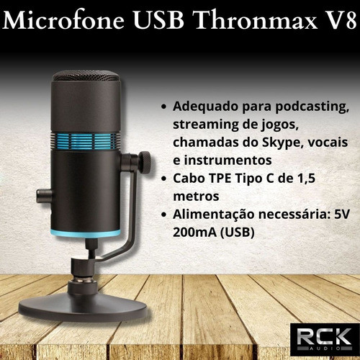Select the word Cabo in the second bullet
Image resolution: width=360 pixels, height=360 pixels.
(x=189, y=177)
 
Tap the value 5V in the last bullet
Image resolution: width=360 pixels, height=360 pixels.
(x=342, y=214)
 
